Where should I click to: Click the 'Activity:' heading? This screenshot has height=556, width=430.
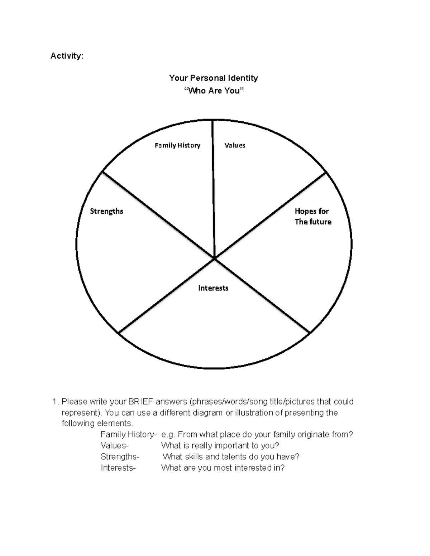[x=67, y=56]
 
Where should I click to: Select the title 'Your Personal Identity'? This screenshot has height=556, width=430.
[x=214, y=78]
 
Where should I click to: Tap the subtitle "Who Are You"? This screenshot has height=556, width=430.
[x=214, y=91]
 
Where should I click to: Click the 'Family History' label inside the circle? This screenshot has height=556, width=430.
[x=177, y=145]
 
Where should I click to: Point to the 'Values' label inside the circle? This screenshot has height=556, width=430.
[x=235, y=145]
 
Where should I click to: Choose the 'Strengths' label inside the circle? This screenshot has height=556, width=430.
[x=106, y=211]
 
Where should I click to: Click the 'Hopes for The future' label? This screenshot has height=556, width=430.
[x=313, y=217]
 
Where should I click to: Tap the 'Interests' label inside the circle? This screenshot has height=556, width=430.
[x=213, y=288]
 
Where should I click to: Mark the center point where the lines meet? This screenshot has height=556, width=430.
[x=214, y=258]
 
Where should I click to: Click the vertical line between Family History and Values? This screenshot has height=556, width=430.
[x=213, y=186]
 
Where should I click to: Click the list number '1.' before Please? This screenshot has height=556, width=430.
[x=56, y=402]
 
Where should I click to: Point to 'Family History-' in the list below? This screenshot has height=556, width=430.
[x=129, y=435]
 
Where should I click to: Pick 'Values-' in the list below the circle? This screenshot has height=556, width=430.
[x=114, y=446]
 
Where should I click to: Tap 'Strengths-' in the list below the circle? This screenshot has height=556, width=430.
[x=120, y=457]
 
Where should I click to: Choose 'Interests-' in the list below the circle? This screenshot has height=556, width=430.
[x=118, y=468]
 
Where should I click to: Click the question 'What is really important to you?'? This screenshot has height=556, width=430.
[x=220, y=446]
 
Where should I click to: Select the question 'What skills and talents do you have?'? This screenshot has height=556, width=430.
[x=231, y=457]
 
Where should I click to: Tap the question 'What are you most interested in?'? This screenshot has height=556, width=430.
[x=223, y=468]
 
